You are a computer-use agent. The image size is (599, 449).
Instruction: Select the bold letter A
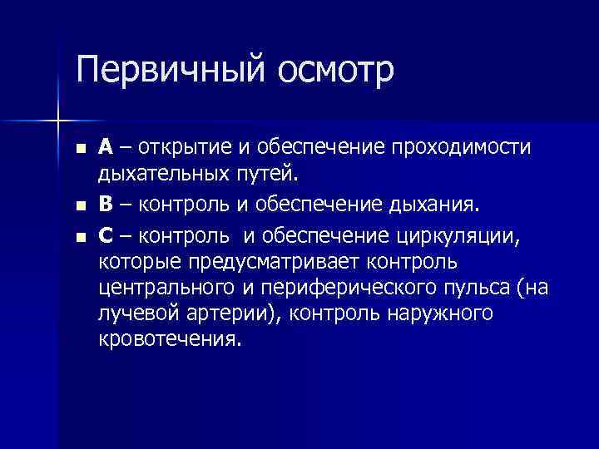tap(106, 148)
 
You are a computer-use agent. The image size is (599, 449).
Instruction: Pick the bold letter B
tap(105, 205)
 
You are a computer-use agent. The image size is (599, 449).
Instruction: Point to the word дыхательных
tap(157, 175)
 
